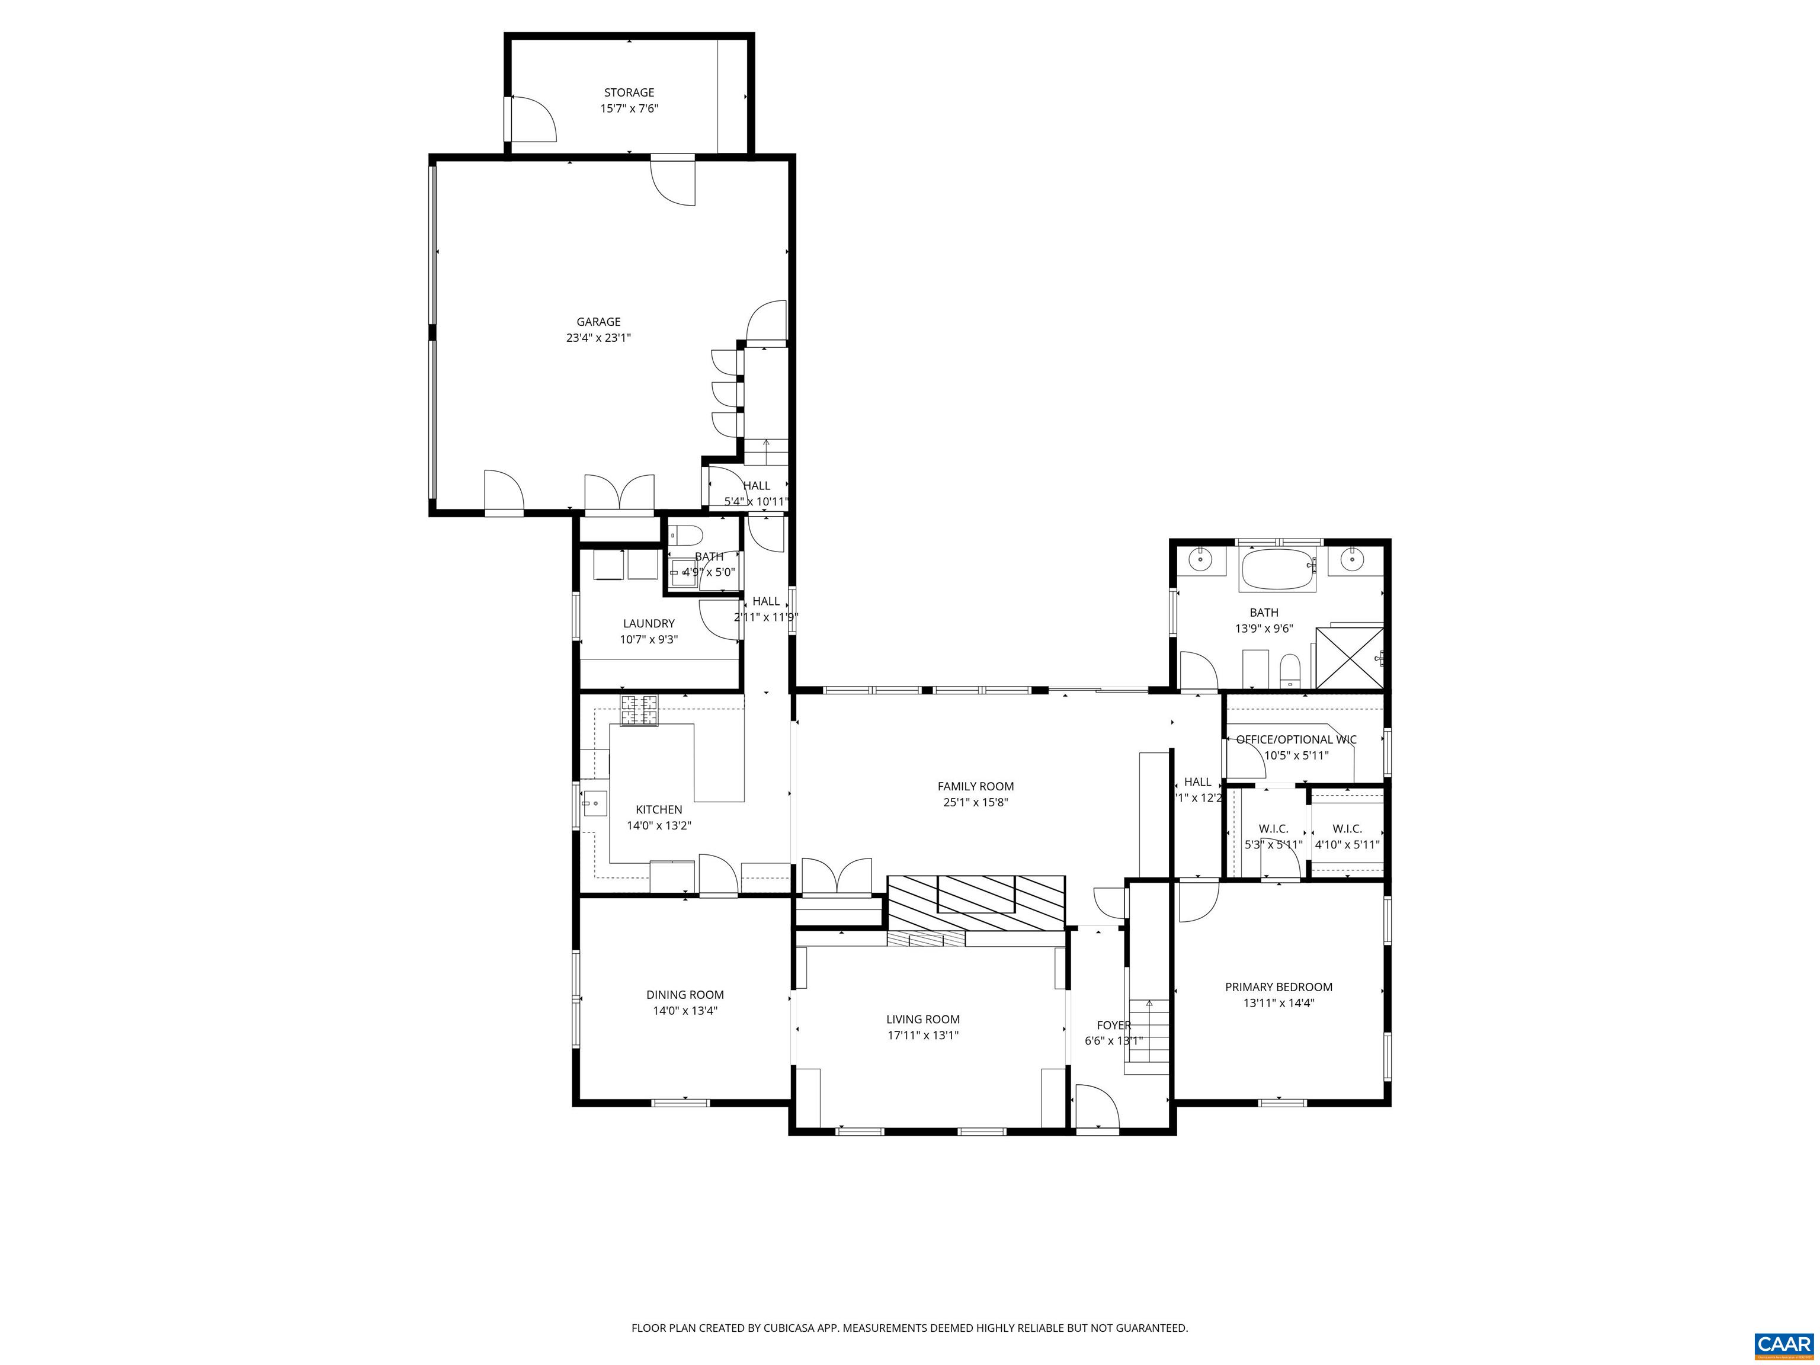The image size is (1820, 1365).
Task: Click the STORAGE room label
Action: pos(629,93)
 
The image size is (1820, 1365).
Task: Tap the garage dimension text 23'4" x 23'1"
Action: pos(598,337)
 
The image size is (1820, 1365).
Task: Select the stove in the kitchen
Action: pos(639,711)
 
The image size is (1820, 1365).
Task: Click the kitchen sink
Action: pos(594,802)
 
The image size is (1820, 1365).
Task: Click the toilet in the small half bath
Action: pos(684,536)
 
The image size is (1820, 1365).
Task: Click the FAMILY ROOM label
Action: pos(975,787)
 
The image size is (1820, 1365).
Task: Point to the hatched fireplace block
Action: pos(976,903)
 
